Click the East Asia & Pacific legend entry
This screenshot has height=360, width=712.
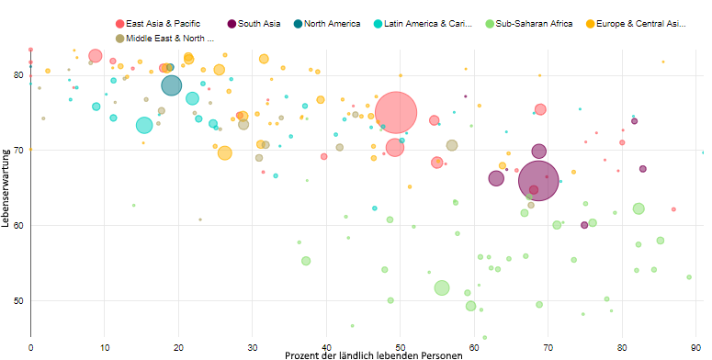162,23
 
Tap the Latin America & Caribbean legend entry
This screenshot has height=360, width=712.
433,23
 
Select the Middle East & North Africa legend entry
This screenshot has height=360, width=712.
170,38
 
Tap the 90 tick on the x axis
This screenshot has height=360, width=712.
699,346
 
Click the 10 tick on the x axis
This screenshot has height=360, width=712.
105,346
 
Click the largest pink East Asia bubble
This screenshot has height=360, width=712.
396,112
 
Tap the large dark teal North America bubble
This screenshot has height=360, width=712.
172,85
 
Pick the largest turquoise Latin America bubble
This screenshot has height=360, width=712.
144,125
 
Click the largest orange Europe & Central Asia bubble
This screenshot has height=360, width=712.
224,152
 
